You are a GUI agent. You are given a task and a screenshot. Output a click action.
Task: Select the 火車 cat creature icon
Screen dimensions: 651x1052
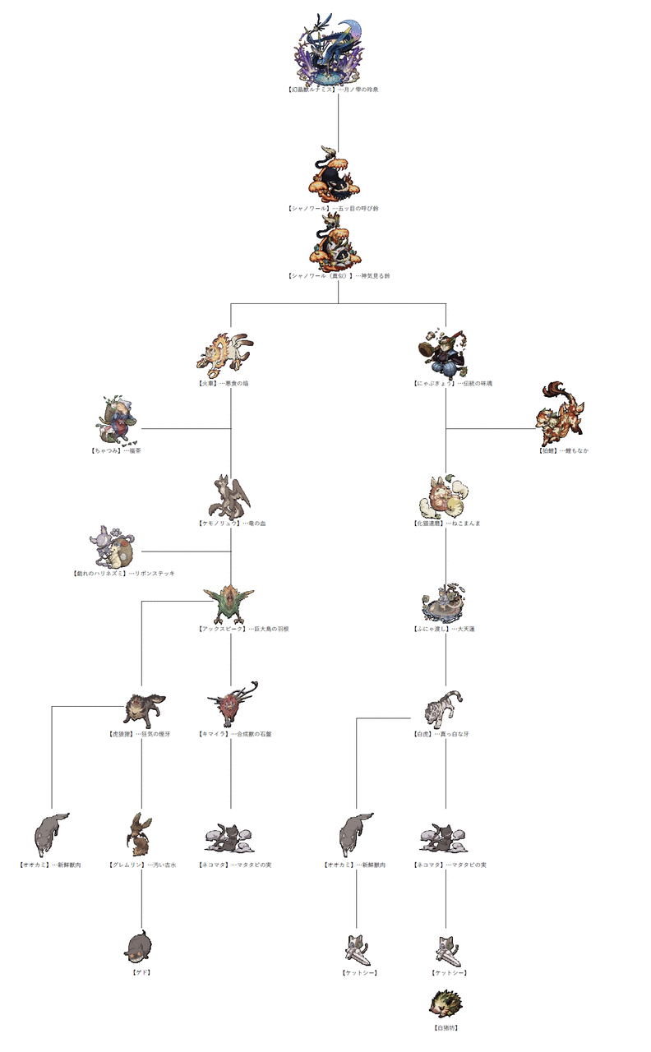225,351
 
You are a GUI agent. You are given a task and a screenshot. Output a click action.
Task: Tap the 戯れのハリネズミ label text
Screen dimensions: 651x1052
99,573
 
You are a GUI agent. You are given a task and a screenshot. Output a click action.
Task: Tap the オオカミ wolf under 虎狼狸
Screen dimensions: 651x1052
51,835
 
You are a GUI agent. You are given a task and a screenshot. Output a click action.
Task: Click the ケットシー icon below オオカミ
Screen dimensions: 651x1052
358,950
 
